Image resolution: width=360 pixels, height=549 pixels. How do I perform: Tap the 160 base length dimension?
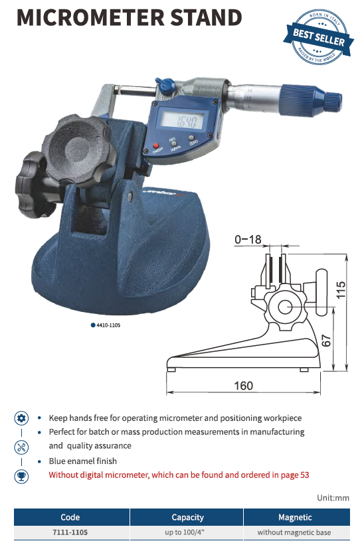244,386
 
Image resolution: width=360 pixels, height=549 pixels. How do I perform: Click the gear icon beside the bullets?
21,418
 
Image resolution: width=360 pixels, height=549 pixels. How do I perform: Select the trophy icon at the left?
21,475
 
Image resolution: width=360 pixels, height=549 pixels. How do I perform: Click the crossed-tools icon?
21,446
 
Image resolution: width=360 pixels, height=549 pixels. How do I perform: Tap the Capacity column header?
187,516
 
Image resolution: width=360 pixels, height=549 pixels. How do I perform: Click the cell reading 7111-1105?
70,532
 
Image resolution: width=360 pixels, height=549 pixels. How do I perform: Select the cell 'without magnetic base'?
294,532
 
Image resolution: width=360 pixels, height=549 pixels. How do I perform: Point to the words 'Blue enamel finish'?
83,461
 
